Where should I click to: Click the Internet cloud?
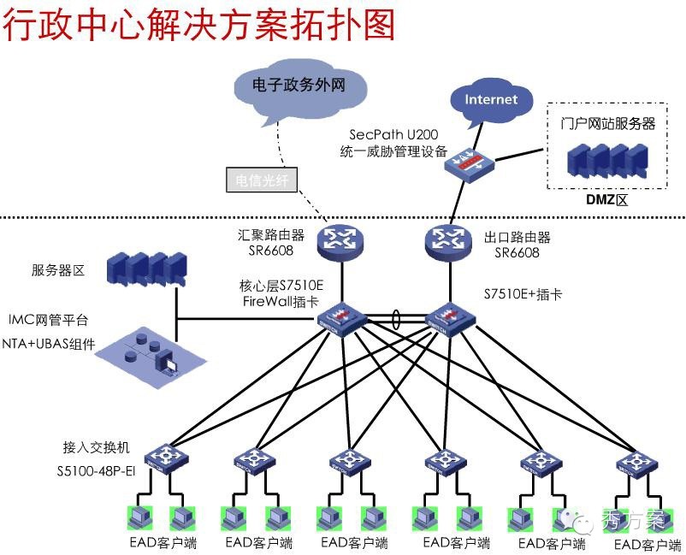pos(491,99)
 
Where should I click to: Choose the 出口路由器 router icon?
pos(448,241)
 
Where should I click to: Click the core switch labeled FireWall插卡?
pos(340,318)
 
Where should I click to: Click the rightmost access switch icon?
pos(638,463)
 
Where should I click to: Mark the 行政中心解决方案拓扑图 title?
pos(198,26)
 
